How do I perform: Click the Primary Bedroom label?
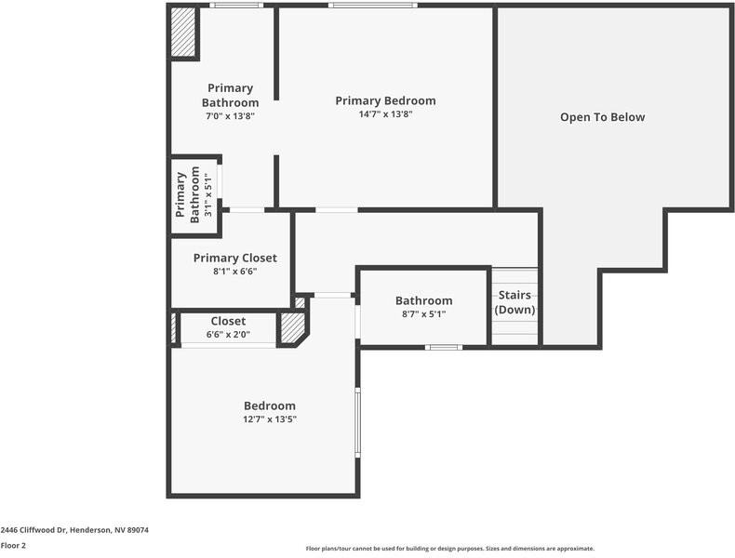click(385, 100)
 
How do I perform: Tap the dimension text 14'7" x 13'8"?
click(385, 114)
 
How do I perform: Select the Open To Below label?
click(602, 117)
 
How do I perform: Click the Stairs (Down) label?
click(514, 302)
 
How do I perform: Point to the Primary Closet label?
click(234, 258)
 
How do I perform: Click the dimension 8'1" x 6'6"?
click(234, 272)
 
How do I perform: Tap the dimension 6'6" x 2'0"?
click(228, 335)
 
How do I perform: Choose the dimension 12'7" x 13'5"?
click(270, 419)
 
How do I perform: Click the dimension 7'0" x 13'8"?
click(230, 116)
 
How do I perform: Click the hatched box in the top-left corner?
click(183, 33)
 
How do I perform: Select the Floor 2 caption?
click(14, 545)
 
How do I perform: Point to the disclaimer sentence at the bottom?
click(449, 549)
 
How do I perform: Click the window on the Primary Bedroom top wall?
click(372, 7)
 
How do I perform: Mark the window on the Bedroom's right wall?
click(357, 422)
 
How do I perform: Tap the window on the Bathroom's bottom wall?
click(444, 348)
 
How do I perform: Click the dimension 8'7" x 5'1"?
click(423, 314)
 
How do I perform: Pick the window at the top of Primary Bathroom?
click(234, 7)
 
